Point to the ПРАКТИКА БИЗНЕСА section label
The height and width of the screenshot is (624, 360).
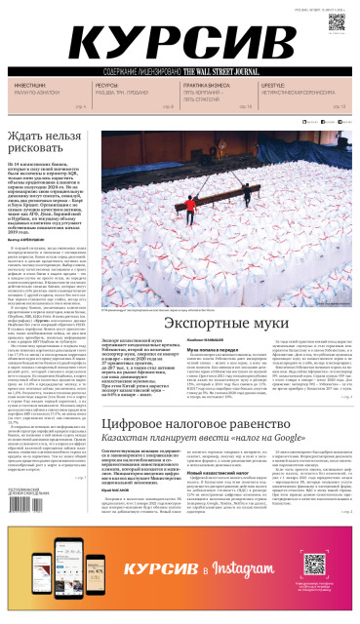[201, 86]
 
